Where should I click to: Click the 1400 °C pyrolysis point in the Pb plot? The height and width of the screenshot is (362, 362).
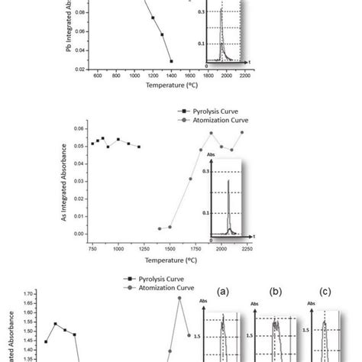click(x=171, y=60)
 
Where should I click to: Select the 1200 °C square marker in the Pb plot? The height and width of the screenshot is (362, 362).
click(x=153, y=18)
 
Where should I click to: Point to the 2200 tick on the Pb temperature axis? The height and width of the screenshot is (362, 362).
click(x=244, y=76)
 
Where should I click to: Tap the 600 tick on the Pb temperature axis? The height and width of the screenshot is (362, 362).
click(x=98, y=76)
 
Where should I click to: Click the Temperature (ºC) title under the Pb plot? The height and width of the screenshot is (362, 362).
click(x=171, y=86)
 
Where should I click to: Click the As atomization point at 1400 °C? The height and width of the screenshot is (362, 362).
click(x=160, y=228)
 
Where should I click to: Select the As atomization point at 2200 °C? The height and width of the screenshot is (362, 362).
click(x=243, y=131)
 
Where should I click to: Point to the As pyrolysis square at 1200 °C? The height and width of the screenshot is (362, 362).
click(x=139, y=147)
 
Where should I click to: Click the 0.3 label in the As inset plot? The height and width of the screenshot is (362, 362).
click(x=205, y=173)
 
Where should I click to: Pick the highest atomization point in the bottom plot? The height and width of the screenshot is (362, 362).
click(x=179, y=297)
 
